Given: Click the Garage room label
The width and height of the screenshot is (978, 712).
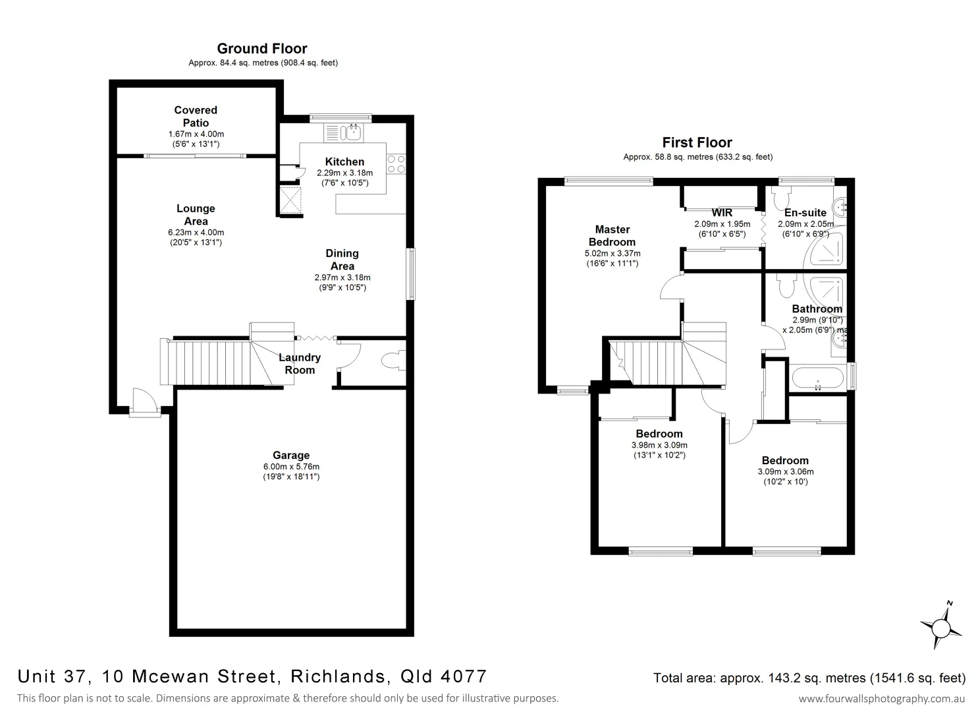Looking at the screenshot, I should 291,455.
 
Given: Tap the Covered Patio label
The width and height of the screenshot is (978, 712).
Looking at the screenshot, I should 196,117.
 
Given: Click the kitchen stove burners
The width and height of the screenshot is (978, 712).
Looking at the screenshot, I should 396,163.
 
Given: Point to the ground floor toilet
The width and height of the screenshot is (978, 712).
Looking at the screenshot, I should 393,361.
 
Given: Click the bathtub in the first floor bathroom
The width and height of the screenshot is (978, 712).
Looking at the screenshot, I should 817,379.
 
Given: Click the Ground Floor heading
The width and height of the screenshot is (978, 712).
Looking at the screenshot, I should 262,48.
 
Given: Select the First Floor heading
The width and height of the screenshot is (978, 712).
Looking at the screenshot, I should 697,142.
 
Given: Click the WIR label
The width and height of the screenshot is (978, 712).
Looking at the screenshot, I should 722,213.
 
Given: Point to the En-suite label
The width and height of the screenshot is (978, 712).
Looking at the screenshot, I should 805,213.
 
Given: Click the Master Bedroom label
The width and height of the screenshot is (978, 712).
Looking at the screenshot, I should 612,235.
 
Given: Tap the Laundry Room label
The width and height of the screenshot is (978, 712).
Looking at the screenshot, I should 300,363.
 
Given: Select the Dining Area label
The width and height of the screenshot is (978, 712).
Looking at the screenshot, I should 342,259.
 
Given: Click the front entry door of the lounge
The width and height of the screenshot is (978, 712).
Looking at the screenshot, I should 144,403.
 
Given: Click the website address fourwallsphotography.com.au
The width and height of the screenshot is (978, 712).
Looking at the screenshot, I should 882,698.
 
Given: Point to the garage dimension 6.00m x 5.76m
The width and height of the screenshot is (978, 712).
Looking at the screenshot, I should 291,466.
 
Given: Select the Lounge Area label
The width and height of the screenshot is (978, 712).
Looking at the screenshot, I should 196,215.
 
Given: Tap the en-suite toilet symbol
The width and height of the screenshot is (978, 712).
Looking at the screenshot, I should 782,198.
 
